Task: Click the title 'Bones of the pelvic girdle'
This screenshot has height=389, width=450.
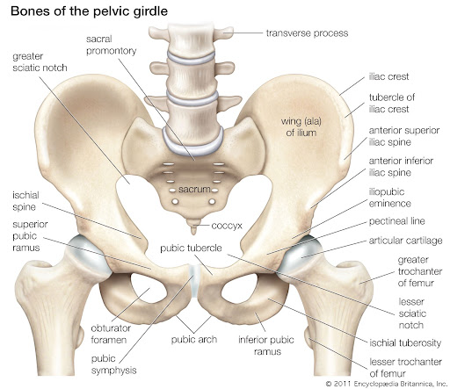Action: pos(89,11)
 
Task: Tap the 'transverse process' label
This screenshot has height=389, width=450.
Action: pos(307,33)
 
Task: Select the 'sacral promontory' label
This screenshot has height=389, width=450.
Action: pos(111,45)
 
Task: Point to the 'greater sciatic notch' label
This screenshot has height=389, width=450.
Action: pos(40,61)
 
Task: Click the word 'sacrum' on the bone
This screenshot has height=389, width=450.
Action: pos(194,190)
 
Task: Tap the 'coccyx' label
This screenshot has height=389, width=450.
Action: pos(227,226)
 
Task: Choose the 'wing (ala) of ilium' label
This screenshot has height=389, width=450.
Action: pos(301,126)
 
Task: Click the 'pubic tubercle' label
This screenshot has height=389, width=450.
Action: pos(191,249)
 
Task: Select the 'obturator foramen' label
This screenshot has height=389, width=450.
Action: pos(111,334)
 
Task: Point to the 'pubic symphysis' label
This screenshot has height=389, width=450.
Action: pos(113,364)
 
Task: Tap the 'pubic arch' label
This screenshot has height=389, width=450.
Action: pos(194,340)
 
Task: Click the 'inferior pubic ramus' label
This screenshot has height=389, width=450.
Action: pos(266,345)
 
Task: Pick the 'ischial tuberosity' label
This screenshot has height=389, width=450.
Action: pos(405,342)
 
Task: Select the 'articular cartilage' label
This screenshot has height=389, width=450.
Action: pos(405,241)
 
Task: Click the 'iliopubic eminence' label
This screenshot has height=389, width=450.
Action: pos(389,198)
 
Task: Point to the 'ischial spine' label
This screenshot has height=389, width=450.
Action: pos(25,201)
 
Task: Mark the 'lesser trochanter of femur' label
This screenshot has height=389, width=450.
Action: pos(405,368)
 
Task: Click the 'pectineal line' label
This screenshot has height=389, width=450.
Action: pos(396,221)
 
